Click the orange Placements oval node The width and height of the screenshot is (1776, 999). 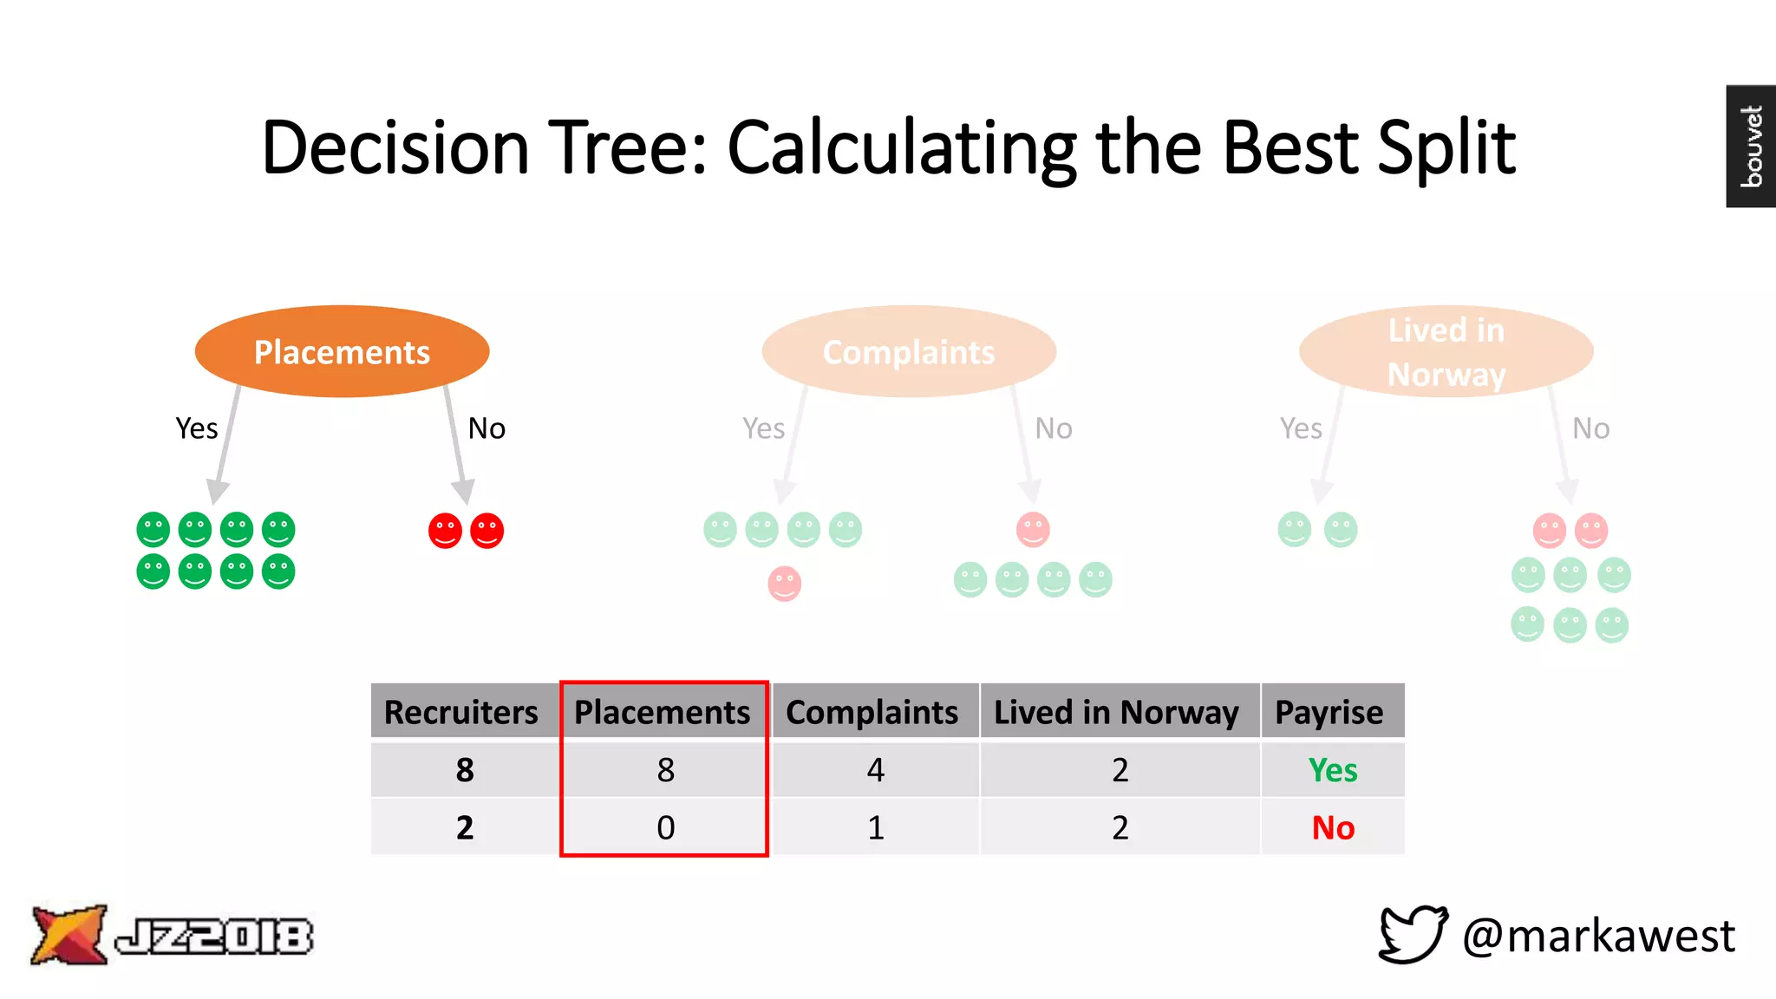342,351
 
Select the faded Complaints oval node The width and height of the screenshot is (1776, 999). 909,351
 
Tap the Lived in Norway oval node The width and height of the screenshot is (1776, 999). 1446,351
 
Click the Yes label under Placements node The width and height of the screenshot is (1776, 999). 196,428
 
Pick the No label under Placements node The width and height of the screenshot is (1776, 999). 486,428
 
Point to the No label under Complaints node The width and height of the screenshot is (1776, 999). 1054,428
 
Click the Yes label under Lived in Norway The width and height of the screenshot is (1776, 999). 1301,428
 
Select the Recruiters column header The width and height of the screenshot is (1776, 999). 461,712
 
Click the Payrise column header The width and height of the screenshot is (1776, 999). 1329,712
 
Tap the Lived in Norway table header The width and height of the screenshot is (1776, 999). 1116,712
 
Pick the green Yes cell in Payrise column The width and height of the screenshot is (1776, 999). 1333,770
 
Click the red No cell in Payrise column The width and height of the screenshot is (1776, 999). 1333,828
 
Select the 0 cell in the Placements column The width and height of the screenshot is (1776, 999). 665,828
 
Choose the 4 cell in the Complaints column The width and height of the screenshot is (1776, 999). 876,770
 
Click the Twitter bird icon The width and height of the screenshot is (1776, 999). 1413,935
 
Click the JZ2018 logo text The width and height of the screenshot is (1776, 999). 214,937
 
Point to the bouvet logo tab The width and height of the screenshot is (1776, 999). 1751,146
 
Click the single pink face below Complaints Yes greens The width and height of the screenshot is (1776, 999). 784,584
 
